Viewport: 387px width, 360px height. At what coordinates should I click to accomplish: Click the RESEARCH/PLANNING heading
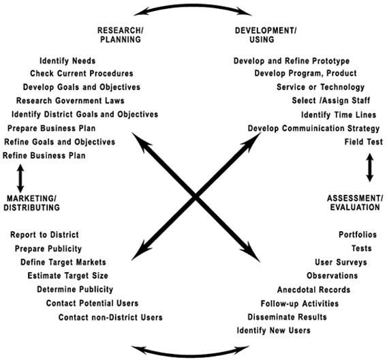(x=121, y=35)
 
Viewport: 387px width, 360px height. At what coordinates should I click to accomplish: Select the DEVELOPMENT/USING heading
(x=266, y=35)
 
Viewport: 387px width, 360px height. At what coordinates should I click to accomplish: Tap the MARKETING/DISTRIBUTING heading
(x=31, y=203)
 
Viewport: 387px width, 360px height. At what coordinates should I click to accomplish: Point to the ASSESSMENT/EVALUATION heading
(x=355, y=202)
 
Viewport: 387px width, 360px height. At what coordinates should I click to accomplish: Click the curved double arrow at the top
(x=193, y=5)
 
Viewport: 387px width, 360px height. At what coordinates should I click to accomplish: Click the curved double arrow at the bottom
(x=190, y=355)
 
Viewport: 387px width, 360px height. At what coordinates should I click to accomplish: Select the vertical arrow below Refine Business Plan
(x=20, y=178)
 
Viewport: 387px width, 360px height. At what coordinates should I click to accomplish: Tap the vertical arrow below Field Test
(x=369, y=168)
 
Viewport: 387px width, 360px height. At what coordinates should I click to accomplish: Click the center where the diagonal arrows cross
(x=196, y=197)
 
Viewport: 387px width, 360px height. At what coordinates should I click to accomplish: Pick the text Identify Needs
(x=67, y=61)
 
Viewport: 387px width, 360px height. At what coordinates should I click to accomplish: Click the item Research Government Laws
(x=70, y=100)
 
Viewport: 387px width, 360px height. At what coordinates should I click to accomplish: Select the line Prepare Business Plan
(x=51, y=128)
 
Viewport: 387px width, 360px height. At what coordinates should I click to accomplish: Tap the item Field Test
(x=364, y=142)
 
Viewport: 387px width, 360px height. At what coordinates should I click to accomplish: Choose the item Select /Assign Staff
(x=331, y=100)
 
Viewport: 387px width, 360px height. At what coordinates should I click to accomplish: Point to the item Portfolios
(x=358, y=235)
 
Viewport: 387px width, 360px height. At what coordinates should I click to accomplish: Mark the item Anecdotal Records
(x=313, y=289)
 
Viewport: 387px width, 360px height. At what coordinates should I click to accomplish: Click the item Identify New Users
(x=273, y=331)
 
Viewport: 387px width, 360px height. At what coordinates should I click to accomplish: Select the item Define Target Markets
(x=63, y=262)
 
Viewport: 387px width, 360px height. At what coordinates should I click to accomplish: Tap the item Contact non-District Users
(x=110, y=317)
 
